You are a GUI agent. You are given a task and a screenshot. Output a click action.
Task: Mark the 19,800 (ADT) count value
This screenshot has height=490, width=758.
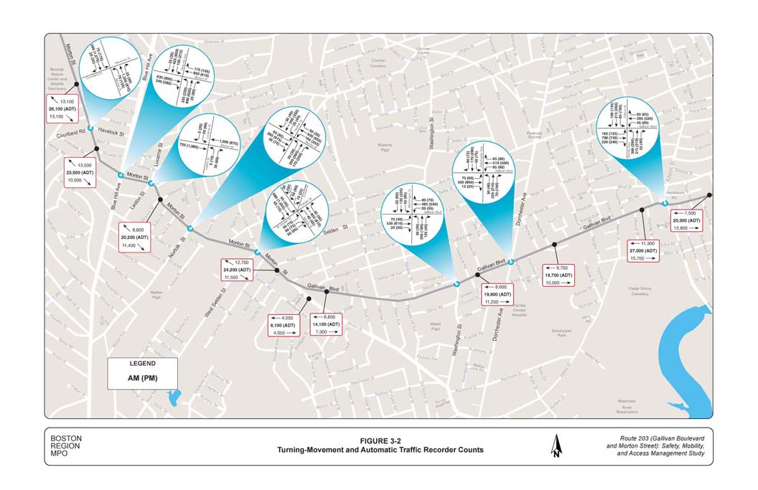[x=497, y=294]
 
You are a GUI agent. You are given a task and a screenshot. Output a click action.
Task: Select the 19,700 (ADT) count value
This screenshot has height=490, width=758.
[x=558, y=275]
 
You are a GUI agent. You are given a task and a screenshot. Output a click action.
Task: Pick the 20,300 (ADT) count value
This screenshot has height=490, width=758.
[x=686, y=221]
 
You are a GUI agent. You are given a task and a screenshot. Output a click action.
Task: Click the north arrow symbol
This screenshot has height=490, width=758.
[x=556, y=447]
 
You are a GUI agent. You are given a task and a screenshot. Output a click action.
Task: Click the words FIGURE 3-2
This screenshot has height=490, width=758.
[x=378, y=440]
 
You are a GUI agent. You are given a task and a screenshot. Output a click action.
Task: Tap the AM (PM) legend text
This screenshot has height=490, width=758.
[x=142, y=377]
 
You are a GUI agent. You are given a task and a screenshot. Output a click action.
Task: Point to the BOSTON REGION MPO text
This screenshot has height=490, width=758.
[x=66, y=446]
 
